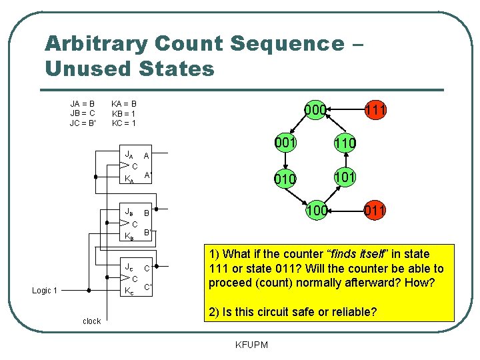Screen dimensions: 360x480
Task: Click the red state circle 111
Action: [375, 110]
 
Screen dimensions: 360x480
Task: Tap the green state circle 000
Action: [314, 110]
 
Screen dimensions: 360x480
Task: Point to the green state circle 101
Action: [345, 178]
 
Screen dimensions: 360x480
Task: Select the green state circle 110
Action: [345, 143]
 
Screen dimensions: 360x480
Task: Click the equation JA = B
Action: [83, 104]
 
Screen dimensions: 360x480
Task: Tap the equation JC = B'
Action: [83, 123]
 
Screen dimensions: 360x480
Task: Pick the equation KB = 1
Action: [124, 113]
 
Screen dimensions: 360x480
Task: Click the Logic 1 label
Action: [45, 291]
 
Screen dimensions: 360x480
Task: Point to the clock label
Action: [91, 321]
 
